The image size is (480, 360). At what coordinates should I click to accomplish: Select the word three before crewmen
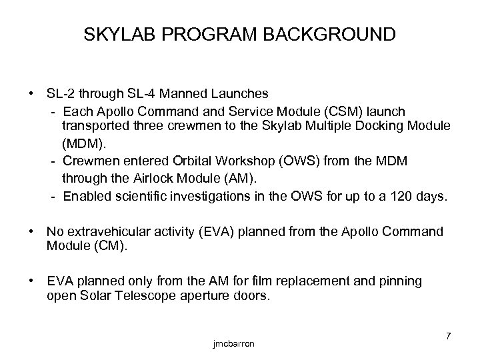tap(149, 126)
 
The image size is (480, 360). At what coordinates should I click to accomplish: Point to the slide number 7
tap(447, 335)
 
